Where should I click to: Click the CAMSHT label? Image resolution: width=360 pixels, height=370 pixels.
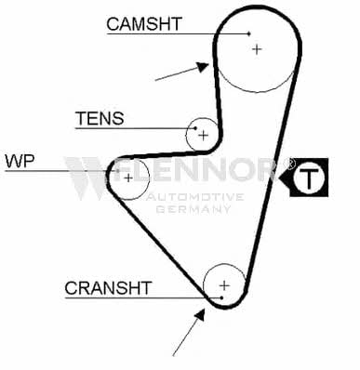(x=144, y=24)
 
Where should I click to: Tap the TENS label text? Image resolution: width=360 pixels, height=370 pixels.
(x=100, y=118)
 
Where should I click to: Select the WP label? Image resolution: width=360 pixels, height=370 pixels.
(x=20, y=161)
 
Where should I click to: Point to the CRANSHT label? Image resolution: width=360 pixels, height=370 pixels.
(x=108, y=288)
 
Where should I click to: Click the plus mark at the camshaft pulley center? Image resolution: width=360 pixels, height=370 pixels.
(x=257, y=49)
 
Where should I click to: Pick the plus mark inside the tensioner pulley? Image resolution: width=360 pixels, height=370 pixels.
(x=204, y=135)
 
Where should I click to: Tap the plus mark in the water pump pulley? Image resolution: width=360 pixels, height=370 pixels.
(x=128, y=178)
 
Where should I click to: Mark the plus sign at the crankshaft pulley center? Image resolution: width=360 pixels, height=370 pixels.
(x=224, y=285)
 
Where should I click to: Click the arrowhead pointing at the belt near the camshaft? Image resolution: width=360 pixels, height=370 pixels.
(x=203, y=66)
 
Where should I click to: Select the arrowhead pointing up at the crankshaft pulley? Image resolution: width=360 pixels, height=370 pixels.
(x=200, y=314)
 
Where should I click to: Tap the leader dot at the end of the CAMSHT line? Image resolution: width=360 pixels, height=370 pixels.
(x=249, y=33)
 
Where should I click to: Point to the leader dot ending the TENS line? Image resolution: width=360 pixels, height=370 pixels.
(x=195, y=128)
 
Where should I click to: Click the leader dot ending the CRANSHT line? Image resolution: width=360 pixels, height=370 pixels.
(x=221, y=297)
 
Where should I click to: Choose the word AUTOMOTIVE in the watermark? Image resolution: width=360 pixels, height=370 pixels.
(x=195, y=197)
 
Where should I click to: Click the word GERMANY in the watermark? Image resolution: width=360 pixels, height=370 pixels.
(x=193, y=209)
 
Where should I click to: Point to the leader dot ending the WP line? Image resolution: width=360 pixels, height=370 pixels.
(x=117, y=170)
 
